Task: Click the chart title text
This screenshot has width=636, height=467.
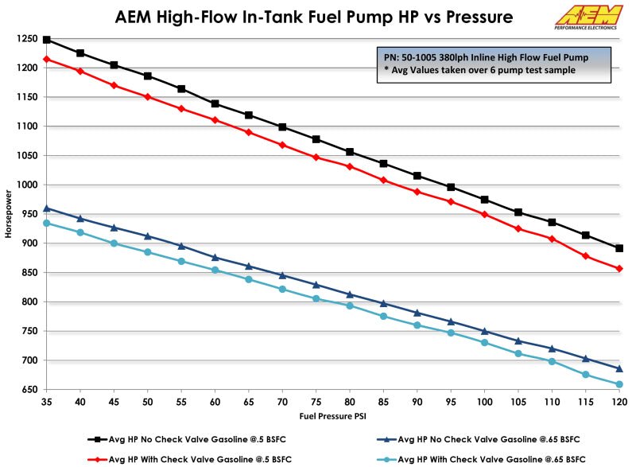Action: (314, 16)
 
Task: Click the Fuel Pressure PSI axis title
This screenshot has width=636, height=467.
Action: (332, 416)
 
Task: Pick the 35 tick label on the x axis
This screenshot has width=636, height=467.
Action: (47, 402)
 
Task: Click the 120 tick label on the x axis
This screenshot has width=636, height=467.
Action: (619, 402)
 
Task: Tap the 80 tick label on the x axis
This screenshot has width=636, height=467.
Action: (350, 402)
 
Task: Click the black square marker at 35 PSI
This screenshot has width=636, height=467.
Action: (47, 40)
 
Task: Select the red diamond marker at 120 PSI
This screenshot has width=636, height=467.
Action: (619, 269)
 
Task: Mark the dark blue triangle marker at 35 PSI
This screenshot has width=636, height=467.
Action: (47, 208)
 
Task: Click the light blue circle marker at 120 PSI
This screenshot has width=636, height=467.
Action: (619, 384)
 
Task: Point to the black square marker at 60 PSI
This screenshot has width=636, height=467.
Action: (215, 103)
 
